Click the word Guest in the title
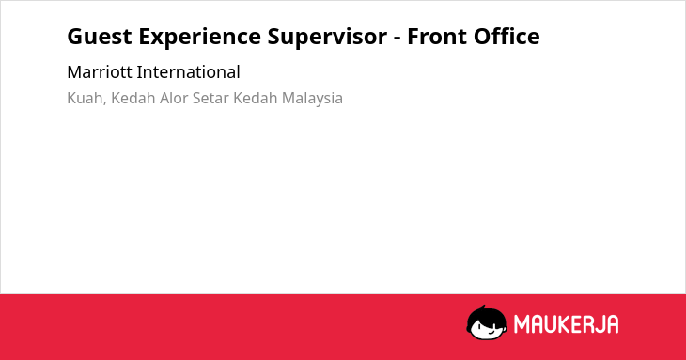100,37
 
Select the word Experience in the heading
199,38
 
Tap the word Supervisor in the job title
327,38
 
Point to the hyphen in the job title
397,39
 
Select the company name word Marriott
100,72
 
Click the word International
189,72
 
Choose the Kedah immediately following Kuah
133,98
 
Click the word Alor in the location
174,98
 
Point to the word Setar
210,99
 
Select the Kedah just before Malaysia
255,98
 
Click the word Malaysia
312,99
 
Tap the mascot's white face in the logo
489,328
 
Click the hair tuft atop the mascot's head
484,307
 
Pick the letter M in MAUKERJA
522,324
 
